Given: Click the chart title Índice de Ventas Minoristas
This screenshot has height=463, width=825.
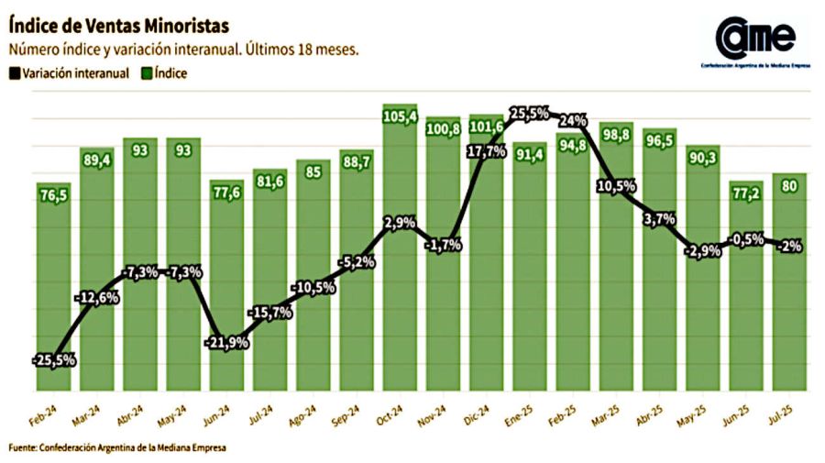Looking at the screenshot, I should click(x=118, y=24).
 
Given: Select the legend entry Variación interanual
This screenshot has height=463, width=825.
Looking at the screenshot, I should click(x=68, y=73).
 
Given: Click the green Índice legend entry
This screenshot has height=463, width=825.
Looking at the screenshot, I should click(x=163, y=73).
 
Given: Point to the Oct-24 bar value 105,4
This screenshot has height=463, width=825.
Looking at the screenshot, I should click(x=400, y=116).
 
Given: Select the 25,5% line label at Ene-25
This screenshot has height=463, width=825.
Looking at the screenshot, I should click(x=529, y=114).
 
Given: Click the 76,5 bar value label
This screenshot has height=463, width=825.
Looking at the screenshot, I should click(x=54, y=195).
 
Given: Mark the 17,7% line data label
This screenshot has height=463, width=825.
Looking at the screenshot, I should click(x=487, y=152).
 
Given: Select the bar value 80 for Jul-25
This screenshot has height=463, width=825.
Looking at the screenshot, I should click(x=789, y=186).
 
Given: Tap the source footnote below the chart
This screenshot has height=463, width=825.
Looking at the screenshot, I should click(x=117, y=448).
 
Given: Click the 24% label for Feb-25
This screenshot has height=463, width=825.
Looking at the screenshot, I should click(x=573, y=120).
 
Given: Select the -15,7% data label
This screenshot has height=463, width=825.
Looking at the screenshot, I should click(x=270, y=314).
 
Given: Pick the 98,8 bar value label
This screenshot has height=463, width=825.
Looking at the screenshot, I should click(x=616, y=135).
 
